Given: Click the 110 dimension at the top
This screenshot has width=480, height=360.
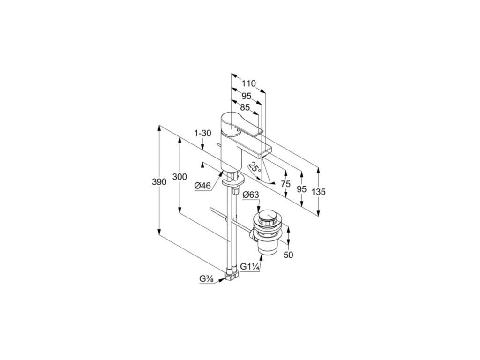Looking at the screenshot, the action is point(248,83).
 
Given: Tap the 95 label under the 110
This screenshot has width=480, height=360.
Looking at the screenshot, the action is point(247,96).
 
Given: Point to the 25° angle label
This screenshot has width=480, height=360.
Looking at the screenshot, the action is point(255,167).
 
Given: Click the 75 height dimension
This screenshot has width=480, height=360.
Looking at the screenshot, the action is point(285,184).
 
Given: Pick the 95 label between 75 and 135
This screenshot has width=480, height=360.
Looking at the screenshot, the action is point(301,188).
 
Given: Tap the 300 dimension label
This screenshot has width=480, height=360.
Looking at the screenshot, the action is point(180,177).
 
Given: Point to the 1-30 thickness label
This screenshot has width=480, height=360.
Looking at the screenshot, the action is point(202,133).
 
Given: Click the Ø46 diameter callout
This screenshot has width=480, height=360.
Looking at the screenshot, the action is point(202,186).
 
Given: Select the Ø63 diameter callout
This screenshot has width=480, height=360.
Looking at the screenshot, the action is point(251,195).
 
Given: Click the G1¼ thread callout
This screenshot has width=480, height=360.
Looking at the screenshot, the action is point(250,266).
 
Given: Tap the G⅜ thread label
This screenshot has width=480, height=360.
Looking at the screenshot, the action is point(206,279).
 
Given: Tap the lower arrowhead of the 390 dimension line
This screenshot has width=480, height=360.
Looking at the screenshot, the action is point(160,233).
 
